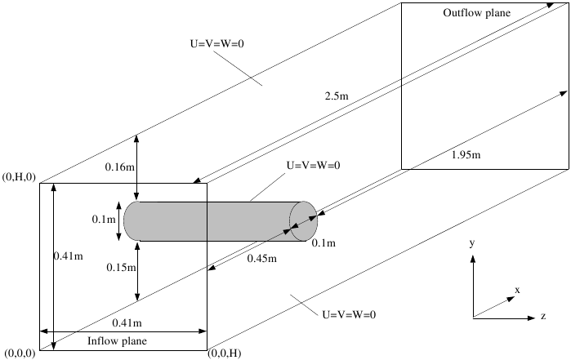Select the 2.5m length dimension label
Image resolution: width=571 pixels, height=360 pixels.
point(333,96)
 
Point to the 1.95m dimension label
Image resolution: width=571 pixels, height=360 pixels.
point(463,154)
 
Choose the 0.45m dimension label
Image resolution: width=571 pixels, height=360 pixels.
point(262,259)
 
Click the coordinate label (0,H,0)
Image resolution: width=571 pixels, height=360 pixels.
point(20,177)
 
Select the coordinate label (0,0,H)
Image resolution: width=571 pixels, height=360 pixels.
point(226,353)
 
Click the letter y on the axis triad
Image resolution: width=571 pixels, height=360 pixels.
point(473,243)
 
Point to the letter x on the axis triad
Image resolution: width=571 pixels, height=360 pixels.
point(518,289)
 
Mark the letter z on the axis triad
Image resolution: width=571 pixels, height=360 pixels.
point(542,315)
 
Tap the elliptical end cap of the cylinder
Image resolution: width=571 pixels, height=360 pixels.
point(303,221)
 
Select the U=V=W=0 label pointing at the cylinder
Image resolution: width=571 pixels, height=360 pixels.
point(313,165)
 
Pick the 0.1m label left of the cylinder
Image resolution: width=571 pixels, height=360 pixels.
point(104,220)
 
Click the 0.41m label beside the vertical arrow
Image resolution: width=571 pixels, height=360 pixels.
point(66,256)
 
